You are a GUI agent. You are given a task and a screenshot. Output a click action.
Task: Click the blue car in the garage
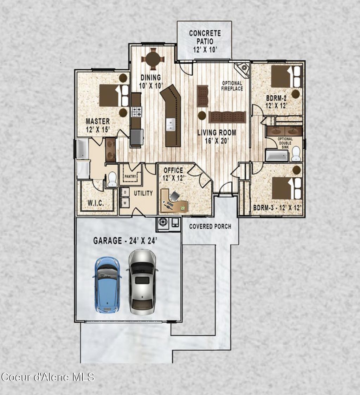tap(107, 285)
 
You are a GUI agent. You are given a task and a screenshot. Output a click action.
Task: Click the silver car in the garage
tap(142, 281)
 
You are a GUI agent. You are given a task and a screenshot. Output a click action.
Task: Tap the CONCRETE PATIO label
tap(205, 41)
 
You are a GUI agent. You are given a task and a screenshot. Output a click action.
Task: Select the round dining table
tap(153, 59)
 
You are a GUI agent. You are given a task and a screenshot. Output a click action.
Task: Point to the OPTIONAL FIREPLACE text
tap(232, 86)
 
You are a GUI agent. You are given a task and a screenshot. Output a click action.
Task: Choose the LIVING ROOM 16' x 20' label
tap(216, 136)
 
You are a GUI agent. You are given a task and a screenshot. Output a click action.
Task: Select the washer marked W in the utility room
tap(124, 203)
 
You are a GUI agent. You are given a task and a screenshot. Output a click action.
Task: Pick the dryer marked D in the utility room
tap(124, 192)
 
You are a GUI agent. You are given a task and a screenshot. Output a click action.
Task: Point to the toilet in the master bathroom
tap(112, 179)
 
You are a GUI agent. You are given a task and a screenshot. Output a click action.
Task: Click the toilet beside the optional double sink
tap(296, 154)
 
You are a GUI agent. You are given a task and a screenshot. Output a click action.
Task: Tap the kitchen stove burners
tap(136, 112)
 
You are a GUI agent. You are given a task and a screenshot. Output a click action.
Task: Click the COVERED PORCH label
tap(210, 226)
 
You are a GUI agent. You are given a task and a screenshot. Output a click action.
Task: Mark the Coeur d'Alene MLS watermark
tap(47, 377)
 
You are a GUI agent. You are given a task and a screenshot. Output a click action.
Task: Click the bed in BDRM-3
tap(287, 188)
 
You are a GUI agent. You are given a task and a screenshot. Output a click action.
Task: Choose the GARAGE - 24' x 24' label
tap(125, 241)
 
